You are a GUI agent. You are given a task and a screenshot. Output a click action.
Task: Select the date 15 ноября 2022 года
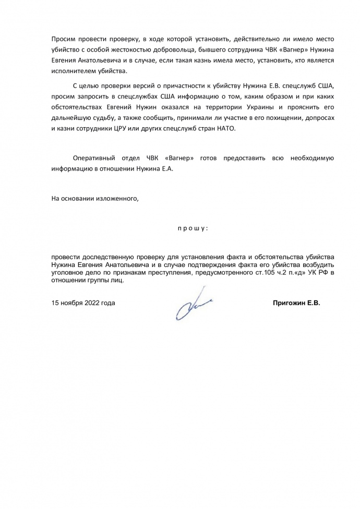coord(83,302)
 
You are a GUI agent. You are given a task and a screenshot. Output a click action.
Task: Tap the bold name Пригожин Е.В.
coord(296,302)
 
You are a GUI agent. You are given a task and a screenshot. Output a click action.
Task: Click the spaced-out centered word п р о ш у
coord(193,228)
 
